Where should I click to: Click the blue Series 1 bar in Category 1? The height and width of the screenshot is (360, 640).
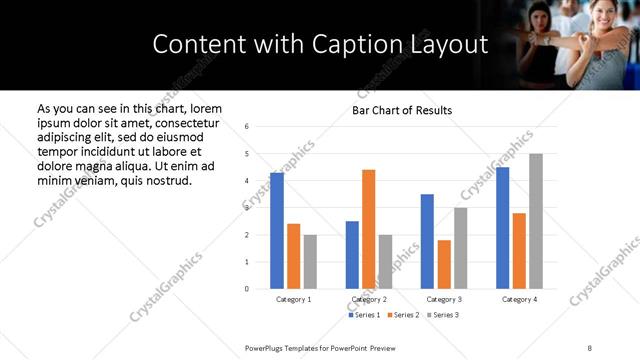click(277, 230)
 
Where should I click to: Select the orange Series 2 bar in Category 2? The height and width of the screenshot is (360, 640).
click(369, 229)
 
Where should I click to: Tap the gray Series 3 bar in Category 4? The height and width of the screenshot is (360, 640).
click(536, 221)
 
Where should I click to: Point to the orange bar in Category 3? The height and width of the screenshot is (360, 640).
click(444, 264)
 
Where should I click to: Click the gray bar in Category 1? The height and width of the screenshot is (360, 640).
click(310, 261)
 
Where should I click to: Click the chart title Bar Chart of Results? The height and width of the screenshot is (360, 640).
click(402, 110)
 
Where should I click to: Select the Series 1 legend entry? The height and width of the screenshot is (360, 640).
click(364, 315)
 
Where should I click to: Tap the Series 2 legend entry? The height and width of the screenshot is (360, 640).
click(403, 315)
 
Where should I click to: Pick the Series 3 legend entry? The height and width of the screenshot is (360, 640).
click(442, 315)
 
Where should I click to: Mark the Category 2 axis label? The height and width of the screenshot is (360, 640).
click(369, 299)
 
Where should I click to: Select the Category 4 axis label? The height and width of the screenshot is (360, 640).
click(519, 299)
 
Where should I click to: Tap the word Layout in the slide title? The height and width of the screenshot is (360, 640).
click(451, 45)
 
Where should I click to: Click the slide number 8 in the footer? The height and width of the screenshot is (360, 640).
click(589, 347)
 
